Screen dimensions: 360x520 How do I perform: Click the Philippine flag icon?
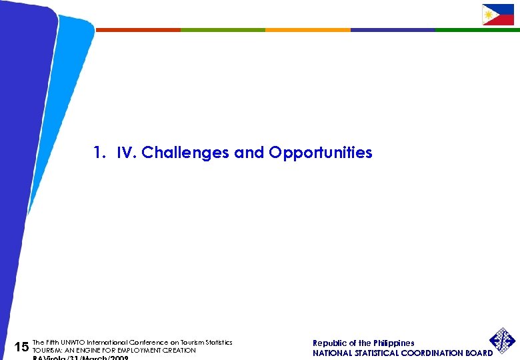pyautogui.click(x=497, y=15)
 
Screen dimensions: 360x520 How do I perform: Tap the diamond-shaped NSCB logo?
pyautogui.click(x=503, y=341)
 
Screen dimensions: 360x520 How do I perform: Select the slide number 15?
pyautogui.click(x=21, y=347)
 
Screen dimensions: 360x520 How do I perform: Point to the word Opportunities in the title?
pyautogui.click(x=320, y=153)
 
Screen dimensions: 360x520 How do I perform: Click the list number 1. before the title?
pyautogui.click(x=100, y=153)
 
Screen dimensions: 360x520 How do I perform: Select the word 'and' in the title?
pyautogui.click(x=249, y=153)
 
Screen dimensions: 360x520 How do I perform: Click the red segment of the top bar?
pyautogui.click(x=138, y=30)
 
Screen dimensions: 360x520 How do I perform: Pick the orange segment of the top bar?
pyautogui.click(x=307, y=30)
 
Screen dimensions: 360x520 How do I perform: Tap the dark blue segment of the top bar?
pyautogui.click(x=392, y=30)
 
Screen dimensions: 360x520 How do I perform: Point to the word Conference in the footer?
pyautogui.click(x=149, y=343)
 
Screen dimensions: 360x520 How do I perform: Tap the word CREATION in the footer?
pyautogui.click(x=181, y=351)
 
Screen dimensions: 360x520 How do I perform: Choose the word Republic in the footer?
pyautogui.click(x=331, y=343)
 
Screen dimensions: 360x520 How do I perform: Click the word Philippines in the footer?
pyautogui.click(x=393, y=343)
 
